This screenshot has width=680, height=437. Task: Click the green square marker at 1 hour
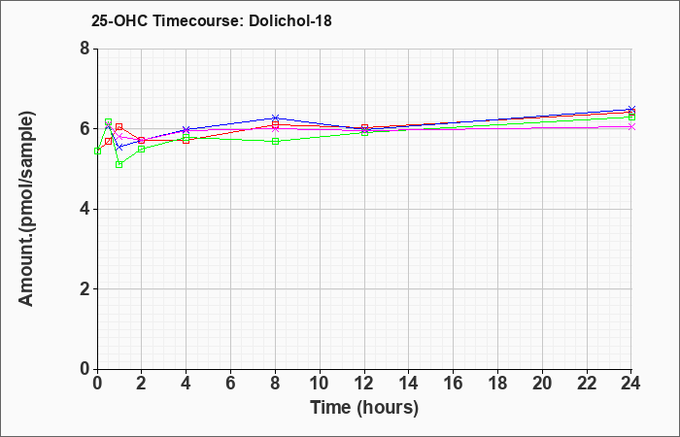coord(119,165)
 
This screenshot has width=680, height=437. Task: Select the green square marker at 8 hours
coord(275,142)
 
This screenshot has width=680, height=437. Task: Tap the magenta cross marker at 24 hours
coord(631,126)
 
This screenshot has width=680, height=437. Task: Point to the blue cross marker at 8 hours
coord(275,118)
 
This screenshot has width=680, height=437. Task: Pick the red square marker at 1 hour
coord(119,126)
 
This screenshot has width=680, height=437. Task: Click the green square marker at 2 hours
coord(142,149)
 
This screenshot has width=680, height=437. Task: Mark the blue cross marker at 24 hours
coord(631,109)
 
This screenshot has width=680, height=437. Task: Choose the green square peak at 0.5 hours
coord(109,121)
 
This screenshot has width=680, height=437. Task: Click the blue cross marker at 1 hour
coord(119,148)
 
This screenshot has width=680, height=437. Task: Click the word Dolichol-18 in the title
coord(290,20)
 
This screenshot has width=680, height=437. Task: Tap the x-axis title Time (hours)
coord(364,408)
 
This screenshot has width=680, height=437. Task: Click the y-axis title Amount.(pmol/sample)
coord(27,209)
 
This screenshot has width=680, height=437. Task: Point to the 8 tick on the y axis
coord(85,49)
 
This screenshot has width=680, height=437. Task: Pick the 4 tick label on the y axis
coord(85,209)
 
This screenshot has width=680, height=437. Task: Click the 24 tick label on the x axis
coord(631,384)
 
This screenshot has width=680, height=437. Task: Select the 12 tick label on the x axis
coord(364,384)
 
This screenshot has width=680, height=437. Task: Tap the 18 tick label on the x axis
coord(497,384)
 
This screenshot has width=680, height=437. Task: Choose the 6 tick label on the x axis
coord(231,384)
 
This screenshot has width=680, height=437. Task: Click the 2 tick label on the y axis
coord(85,289)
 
